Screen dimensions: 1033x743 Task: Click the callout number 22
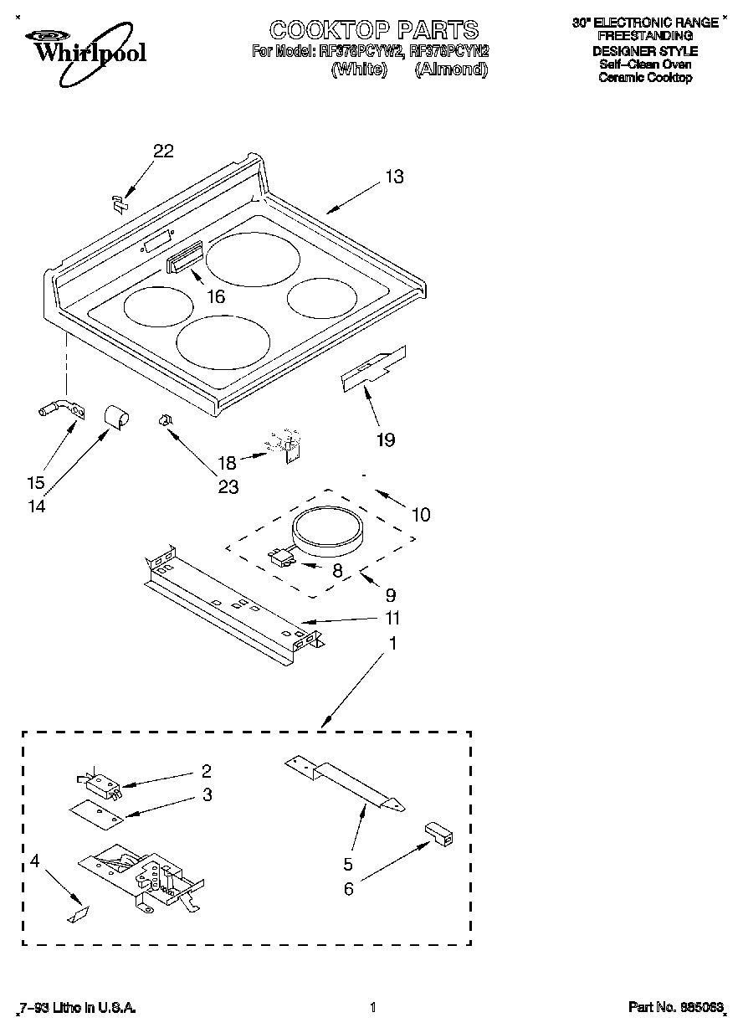[163, 151]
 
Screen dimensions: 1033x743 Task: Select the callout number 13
[394, 177]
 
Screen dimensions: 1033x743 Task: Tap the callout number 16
[216, 296]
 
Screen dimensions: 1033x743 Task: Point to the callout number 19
[384, 439]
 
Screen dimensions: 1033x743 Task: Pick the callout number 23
[228, 486]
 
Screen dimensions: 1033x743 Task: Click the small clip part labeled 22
[119, 201]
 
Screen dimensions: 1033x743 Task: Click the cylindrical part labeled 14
[115, 415]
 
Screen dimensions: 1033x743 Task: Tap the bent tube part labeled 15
[61, 409]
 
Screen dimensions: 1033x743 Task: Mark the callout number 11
[392, 619]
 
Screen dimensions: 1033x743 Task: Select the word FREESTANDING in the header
[644, 36]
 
